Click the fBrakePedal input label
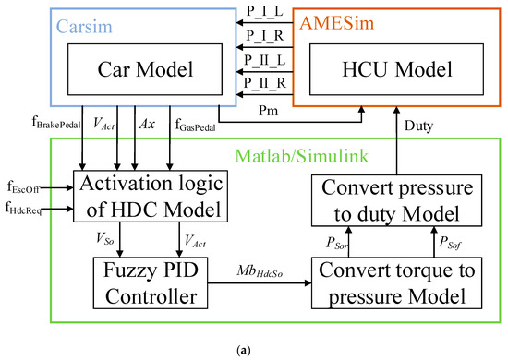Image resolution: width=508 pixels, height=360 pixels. (58, 121)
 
